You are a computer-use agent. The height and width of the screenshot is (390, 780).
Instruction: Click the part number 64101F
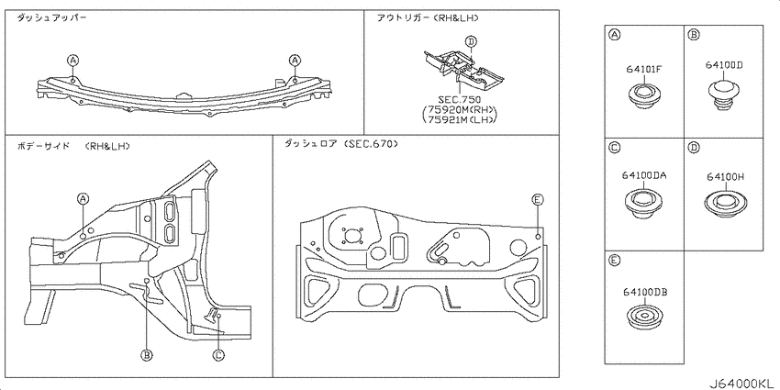(643, 70)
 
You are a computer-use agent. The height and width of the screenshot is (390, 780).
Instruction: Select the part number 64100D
(724, 64)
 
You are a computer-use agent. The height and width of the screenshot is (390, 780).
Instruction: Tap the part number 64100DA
(643, 175)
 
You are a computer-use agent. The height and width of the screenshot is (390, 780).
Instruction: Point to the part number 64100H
(725, 176)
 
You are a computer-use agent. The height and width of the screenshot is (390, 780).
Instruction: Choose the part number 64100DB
(645, 293)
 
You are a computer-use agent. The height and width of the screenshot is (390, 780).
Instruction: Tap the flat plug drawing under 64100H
(727, 203)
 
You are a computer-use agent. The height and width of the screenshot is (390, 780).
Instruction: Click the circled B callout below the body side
(146, 355)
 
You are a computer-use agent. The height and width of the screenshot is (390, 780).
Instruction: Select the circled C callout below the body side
(218, 355)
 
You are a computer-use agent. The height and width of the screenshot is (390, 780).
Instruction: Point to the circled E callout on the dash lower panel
(537, 200)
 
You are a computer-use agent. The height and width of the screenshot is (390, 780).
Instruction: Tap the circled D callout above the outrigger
(471, 41)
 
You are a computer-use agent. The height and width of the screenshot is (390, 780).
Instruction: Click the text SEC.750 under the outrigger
(459, 100)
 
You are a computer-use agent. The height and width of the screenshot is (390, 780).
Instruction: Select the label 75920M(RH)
(460, 110)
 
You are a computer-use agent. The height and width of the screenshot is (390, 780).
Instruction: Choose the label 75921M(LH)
(460, 119)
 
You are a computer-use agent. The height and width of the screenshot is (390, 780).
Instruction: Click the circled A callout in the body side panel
(83, 199)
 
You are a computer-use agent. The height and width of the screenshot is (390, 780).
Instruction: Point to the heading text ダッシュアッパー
(51, 18)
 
